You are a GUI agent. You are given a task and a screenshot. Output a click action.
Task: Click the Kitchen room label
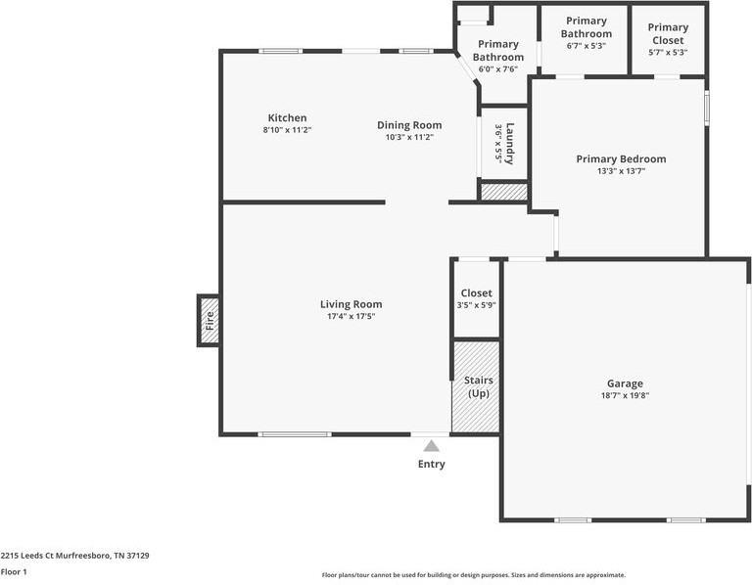(x=287, y=118)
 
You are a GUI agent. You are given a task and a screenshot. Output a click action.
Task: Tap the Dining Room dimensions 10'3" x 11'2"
(x=409, y=138)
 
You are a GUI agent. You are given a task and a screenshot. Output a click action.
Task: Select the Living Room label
(x=351, y=304)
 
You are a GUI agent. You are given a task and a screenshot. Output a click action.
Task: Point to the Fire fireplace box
(x=208, y=319)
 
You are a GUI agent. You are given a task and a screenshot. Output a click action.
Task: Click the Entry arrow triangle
(x=431, y=446)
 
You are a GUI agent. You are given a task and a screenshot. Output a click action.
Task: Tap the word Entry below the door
(x=431, y=464)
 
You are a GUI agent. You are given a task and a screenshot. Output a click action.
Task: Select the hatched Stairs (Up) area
(x=476, y=386)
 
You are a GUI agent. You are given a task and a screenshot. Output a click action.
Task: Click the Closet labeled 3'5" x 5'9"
(x=476, y=298)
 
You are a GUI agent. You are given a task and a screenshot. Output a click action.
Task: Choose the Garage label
(x=625, y=383)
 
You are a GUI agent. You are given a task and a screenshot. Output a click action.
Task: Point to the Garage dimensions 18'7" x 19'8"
(x=625, y=396)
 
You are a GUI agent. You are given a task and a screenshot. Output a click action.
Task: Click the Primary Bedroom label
(x=621, y=158)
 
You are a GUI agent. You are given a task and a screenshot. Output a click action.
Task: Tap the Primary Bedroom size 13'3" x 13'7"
(x=621, y=171)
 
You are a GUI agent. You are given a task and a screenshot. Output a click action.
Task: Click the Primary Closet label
(x=668, y=34)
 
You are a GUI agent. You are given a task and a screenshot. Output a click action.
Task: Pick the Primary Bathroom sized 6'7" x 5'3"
(x=586, y=33)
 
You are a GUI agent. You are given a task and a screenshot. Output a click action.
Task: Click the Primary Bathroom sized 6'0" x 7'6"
(x=497, y=57)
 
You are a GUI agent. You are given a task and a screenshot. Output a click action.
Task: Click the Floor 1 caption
(x=14, y=572)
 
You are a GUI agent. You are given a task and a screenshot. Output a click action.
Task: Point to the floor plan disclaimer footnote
(x=474, y=575)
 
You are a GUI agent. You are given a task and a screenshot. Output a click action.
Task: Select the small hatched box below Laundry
(x=503, y=193)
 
